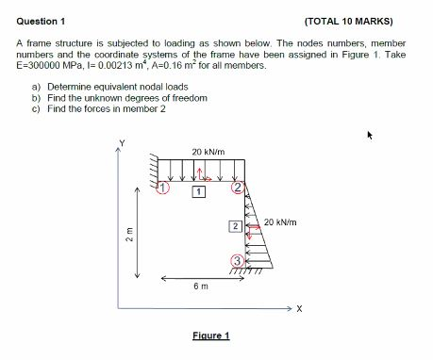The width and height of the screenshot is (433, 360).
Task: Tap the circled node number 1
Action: pos(162,188)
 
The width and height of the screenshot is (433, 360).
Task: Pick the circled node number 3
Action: pos(239,260)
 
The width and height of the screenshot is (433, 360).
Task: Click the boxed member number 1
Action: pos(198,192)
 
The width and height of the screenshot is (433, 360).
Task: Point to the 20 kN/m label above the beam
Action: pos(208,151)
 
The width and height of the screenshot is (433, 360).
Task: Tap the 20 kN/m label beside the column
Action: pos(280,222)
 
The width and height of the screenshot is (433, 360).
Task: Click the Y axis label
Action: pos(120,143)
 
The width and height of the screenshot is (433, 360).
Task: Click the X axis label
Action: pos(300,308)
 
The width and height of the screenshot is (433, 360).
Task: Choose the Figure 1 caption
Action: pos(210,335)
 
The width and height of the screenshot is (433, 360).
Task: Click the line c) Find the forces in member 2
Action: pos(99,108)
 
